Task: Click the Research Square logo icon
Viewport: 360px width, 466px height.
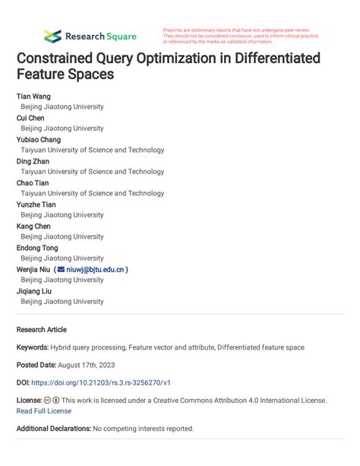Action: (52, 36)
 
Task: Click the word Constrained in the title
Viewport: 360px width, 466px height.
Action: (61, 59)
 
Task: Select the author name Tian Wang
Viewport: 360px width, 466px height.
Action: (34, 97)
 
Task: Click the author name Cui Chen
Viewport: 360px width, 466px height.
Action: (30, 118)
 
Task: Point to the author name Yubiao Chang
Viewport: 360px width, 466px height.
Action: (39, 140)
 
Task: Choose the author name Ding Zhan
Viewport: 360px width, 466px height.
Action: (33, 161)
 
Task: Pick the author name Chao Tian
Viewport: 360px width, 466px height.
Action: (33, 182)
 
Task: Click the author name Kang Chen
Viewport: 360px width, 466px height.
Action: (33, 226)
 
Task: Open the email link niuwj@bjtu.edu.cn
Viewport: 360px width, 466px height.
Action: (96, 269)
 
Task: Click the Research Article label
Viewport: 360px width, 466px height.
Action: (42, 330)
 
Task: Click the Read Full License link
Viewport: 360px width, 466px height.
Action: (44, 411)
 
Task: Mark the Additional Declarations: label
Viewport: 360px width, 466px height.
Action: (54, 429)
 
